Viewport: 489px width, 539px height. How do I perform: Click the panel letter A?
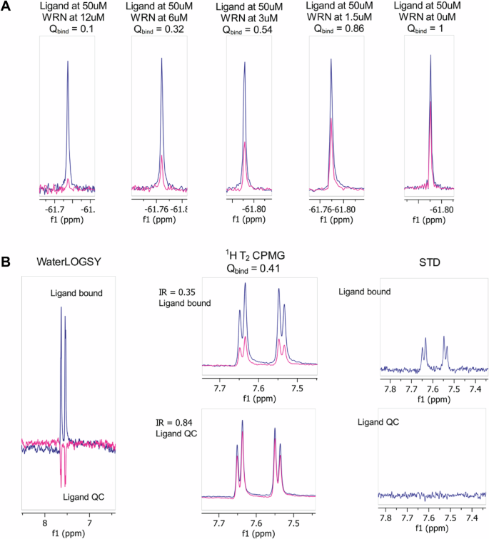click(7, 8)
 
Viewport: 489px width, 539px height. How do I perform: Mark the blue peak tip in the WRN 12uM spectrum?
click(68, 61)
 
